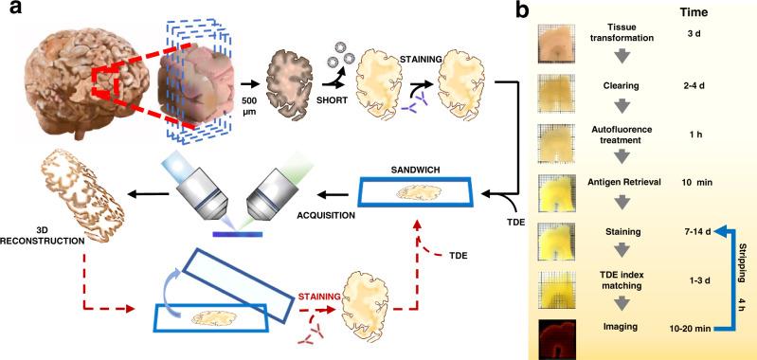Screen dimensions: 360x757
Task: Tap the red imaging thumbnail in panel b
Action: point(558,333)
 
